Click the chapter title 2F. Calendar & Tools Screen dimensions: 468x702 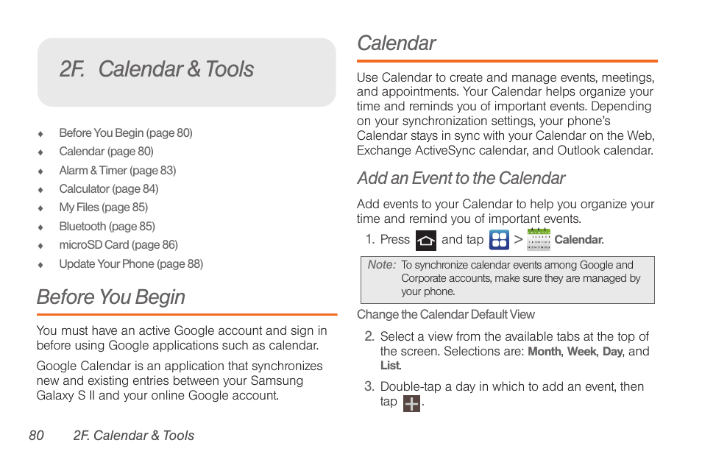pos(157,69)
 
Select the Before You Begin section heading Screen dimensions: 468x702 pos(111,297)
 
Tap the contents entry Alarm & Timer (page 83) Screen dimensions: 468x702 pos(117,171)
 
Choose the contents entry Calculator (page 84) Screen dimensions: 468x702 pos(108,189)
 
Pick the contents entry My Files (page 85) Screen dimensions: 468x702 pos(103,208)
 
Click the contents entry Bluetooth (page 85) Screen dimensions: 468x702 pos(107,227)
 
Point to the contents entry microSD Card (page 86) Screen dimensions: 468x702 pos(118,245)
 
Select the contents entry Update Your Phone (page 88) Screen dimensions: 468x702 pos(131,264)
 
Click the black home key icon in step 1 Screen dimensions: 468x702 pos(425,240)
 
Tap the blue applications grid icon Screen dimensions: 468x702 pos(499,240)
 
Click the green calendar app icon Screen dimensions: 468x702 pos(539,240)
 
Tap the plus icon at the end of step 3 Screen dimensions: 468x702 pos(412,403)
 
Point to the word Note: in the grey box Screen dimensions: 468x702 pos(382,265)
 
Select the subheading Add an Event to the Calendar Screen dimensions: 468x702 pos(461,179)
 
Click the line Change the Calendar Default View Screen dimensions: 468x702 pos(446,315)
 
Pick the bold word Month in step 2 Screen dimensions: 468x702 pos(545,352)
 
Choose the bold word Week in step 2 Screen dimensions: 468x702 pos(581,352)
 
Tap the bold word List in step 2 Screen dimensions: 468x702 pos(390,366)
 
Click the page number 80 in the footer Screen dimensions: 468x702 pos(37,436)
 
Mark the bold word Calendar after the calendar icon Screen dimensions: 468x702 pos(578,240)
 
